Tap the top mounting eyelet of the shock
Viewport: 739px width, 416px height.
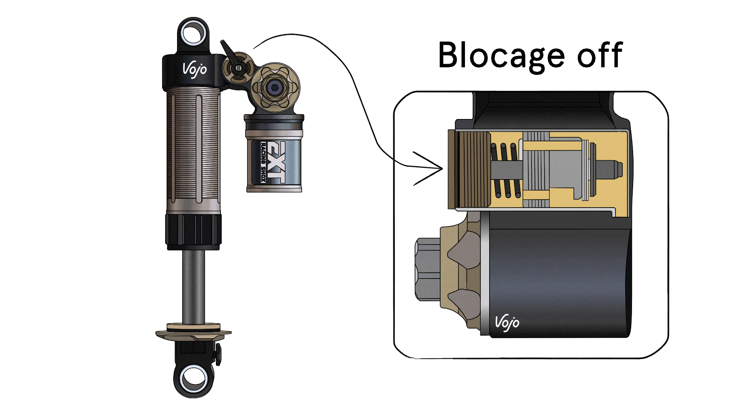coord(193,33)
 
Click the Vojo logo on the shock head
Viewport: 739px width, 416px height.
coord(194,70)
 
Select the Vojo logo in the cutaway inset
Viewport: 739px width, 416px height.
coord(507,322)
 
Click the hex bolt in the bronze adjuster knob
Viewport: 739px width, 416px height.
coord(274,88)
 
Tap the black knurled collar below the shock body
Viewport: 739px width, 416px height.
coord(193,230)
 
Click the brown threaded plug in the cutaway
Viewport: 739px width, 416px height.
coord(470,169)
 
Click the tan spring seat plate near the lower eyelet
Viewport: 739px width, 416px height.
coord(193,332)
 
